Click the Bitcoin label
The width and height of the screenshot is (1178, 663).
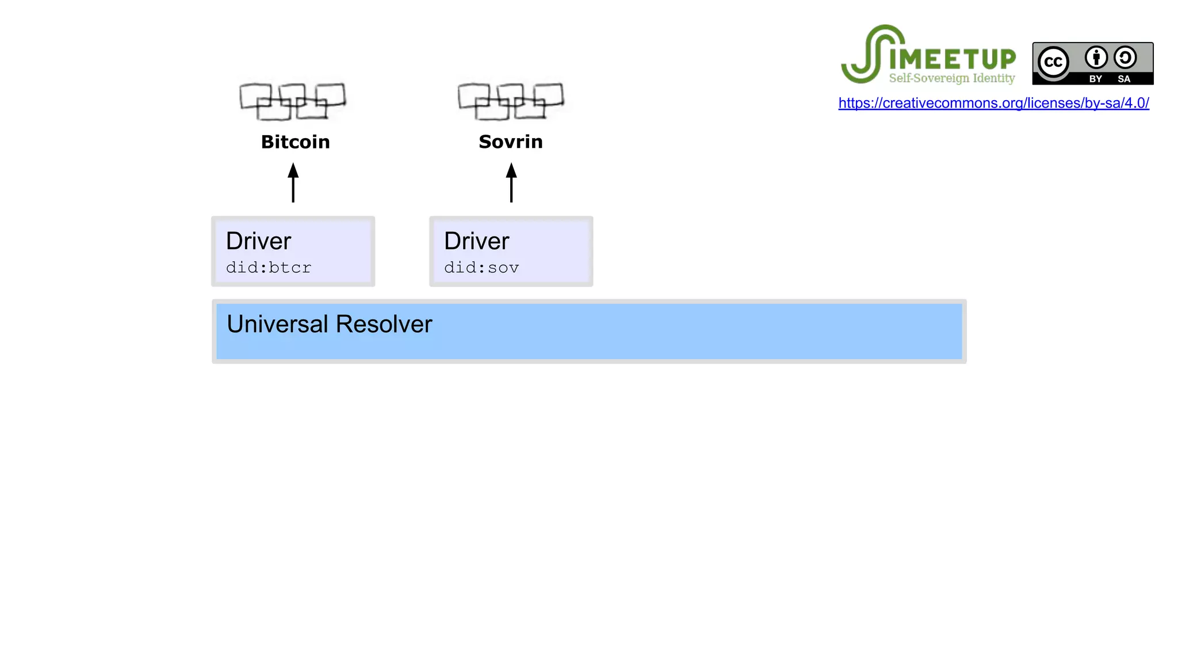click(x=295, y=142)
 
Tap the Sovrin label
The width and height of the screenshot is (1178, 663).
click(x=511, y=142)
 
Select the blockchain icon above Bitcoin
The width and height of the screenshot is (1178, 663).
click(x=292, y=101)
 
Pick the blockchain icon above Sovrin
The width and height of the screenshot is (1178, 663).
click(x=511, y=101)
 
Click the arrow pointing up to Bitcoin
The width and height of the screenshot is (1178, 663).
click(x=293, y=182)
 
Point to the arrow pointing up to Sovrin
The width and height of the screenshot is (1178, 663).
click(x=511, y=182)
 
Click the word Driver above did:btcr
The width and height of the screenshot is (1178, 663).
click(x=258, y=241)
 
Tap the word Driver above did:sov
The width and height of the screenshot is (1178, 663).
click(x=476, y=241)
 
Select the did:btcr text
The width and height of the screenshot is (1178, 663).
click(x=269, y=268)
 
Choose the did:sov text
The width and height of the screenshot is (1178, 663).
click(x=481, y=268)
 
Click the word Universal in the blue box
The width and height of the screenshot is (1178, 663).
click(x=277, y=324)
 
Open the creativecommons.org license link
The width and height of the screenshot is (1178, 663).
click(x=993, y=103)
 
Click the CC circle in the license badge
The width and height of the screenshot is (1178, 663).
click(x=1053, y=62)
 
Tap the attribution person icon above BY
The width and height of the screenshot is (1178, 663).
click(x=1096, y=58)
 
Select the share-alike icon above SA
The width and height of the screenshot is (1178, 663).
click(x=1125, y=58)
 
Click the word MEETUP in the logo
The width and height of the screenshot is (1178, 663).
click(x=953, y=59)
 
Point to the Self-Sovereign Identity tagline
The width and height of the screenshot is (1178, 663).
click(x=952, y=78)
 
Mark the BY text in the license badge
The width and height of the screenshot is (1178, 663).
click(x=1096, y=79)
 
